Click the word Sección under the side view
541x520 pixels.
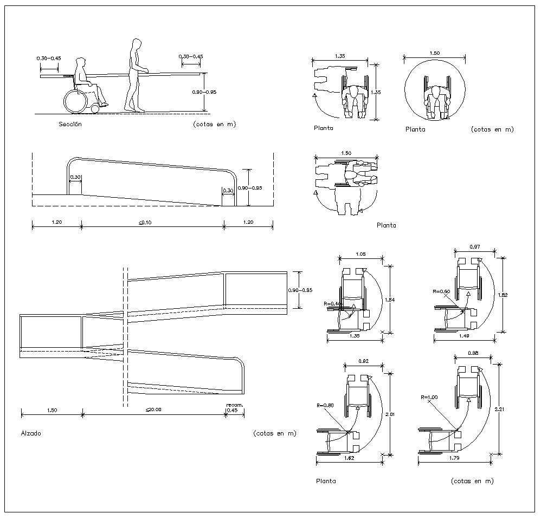[x=70, y=124]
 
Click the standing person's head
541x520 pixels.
[x=137, y=44]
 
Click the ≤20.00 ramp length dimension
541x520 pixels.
[x=153, y=409]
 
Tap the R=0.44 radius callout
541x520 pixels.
[x=331, y=304]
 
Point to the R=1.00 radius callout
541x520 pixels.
[x=430, y=396]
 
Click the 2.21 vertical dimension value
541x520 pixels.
[x=502, y=409]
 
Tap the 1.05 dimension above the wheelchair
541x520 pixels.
[x=360, y=253]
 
